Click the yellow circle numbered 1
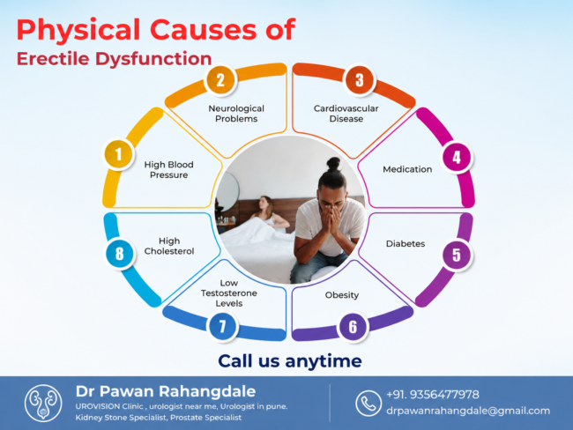point(119,154)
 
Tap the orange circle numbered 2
point(220,80)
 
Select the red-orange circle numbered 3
point(360,80)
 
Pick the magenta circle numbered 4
point(457,158)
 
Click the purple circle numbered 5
point(457,255)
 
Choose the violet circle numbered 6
point(353,327)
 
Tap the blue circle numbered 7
point(222,326)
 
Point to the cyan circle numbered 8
point(120,254)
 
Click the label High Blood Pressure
point(169,170)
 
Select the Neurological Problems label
point(236,114)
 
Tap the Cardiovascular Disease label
point(346,114)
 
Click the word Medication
point(407,169)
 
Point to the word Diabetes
point(406,244)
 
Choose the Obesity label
point(342,295)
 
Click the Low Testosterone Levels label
point(229,293)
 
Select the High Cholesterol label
point(169,246)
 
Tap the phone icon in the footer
point(368,403)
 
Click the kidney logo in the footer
point(43,403)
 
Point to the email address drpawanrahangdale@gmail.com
point(468,411)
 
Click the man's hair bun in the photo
point(333,164)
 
